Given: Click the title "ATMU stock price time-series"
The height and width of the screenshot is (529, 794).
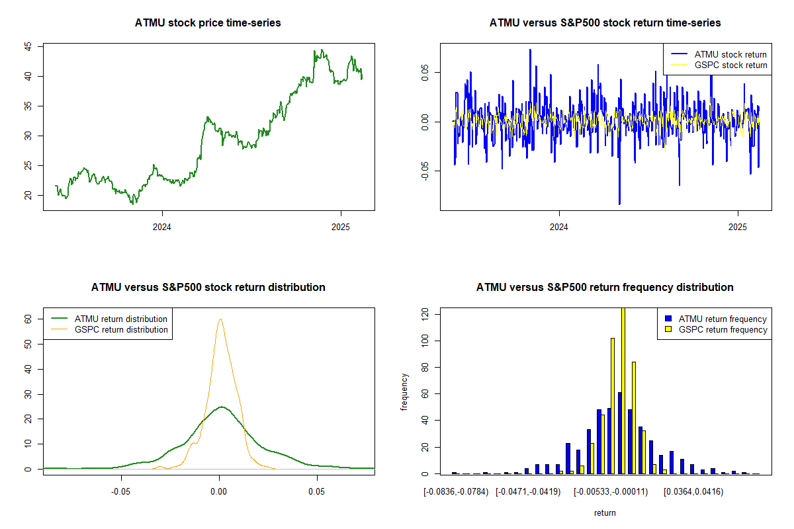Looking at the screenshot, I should point(208,23).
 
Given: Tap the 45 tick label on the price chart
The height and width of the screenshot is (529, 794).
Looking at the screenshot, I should point(28,46).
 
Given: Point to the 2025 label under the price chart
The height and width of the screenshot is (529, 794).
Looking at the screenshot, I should point(341,227).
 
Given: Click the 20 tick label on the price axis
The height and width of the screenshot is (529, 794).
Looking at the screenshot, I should point(28,195).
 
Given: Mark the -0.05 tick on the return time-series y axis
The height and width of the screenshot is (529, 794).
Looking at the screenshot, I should point(425,170).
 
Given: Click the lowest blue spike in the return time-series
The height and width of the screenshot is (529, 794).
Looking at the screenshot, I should point(619,203).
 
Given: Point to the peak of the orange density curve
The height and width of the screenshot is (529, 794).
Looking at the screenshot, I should point(220,319).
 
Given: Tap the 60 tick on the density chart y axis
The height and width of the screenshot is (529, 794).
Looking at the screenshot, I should point(28,318).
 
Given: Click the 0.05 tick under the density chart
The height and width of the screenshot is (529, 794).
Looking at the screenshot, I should point(317,492).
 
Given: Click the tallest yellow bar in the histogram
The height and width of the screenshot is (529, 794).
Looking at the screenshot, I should point(623,390).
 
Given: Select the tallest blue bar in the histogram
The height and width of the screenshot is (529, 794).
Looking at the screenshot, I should point(619,432).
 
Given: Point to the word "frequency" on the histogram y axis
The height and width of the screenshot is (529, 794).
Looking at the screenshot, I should point(404,391).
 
